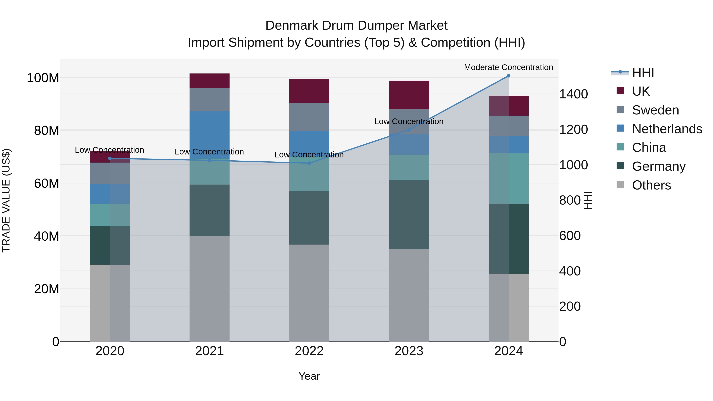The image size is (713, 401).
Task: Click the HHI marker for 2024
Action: tap(508, 76)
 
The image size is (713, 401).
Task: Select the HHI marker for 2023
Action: tap(409, 130)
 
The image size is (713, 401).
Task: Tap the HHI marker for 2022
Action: tap(309, 163)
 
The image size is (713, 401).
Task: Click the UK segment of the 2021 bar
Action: tap(210, 81)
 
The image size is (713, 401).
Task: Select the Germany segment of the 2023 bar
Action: tap(409, 215)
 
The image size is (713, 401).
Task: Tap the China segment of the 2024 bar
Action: tap(508, 178)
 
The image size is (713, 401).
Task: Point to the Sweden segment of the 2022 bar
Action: tap(309, 117)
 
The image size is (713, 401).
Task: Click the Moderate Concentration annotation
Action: tap(508, 68)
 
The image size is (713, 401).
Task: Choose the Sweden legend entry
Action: tap(655, 110)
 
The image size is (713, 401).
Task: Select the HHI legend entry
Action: tap(643, 72)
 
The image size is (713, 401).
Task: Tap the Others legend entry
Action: tap(651, 185)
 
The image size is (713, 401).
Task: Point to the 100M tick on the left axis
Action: tap(43, 78)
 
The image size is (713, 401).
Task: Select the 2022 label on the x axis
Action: tap(309, 351)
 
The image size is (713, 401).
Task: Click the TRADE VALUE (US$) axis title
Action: tap(6, 200)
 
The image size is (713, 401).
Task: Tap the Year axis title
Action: tap(309, 376)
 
